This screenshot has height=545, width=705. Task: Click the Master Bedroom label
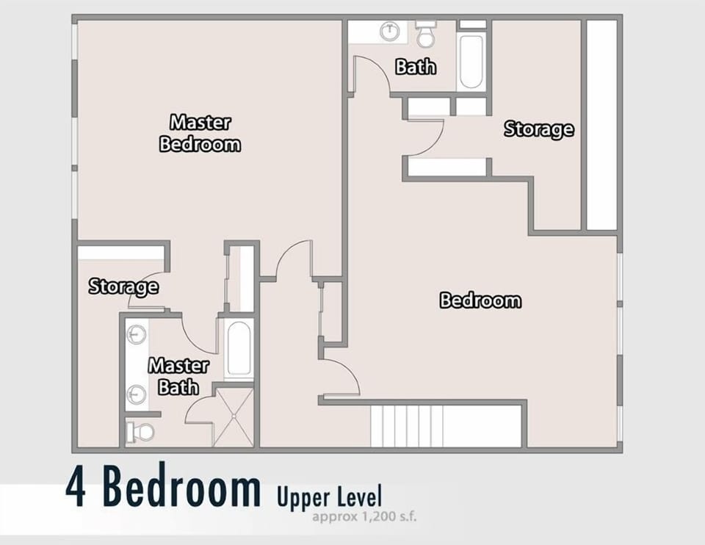point(200,133)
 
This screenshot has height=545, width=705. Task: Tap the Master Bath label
point(178,376)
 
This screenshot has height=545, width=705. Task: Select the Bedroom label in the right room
point(480,300)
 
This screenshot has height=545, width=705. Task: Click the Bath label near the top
point(416,66)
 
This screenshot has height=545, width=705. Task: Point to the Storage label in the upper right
point(538,129)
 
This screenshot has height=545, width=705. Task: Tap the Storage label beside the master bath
point(123,286)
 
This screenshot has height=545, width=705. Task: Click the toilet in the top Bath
point(425,34)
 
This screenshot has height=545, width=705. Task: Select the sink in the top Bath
point(388,32)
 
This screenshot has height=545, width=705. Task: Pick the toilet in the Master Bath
point(142,431)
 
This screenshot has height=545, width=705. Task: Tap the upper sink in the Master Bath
point(136,336)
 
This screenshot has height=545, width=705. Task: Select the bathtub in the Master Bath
point(239,350)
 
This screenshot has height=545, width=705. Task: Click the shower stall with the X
point(234,416)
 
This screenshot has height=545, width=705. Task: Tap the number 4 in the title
point(76,488)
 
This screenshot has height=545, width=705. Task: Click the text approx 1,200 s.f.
point(365,516)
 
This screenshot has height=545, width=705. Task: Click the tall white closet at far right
point(601,125)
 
